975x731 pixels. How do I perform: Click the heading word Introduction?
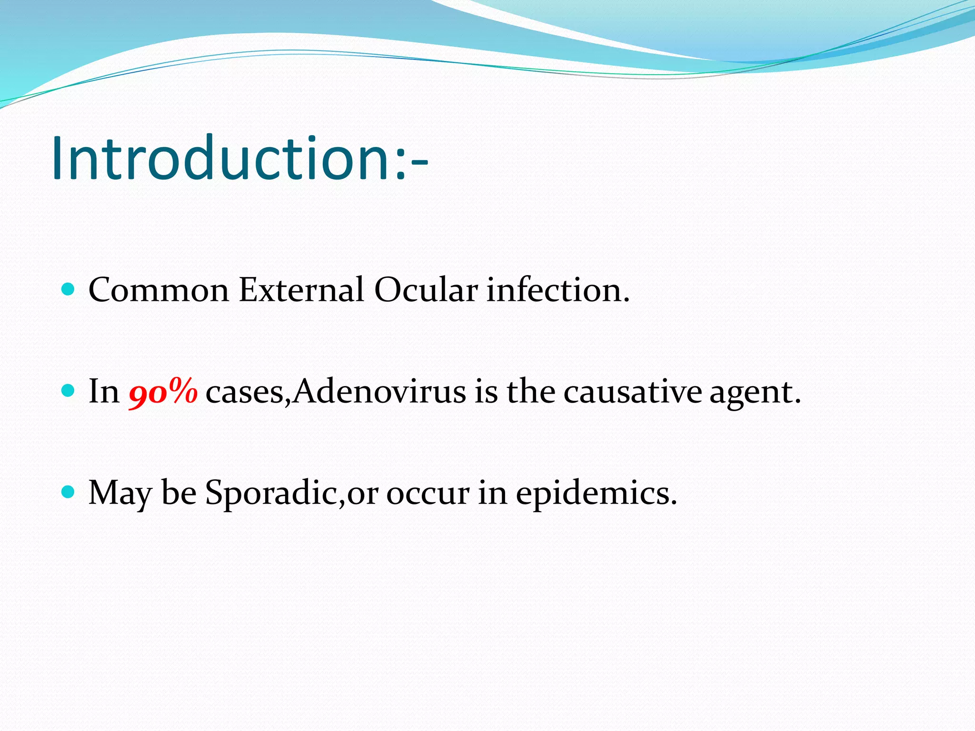pyautogui.click(x=221, y=158)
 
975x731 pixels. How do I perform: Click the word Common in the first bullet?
pyautogui.click(x=159, y=290)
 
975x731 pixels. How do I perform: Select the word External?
pyautogui.click(x=301, y=290)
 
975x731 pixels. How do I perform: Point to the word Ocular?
pyautogui.click(x=426, y=290)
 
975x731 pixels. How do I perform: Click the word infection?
pyautogui.click(x=557, y=290)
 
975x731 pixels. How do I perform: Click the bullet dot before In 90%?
pyautogui.click(x=69, y=391)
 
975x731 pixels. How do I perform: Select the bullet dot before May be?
pyautogui.click(x=69, y=492)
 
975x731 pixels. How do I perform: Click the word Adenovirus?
pyautogui.click(x=379, y=392)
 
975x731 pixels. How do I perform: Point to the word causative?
pyautogui.click(x=633, y=392)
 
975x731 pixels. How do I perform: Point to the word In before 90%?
pyautogui.click(x=104, y=392)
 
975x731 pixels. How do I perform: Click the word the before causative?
pyautogui.click(x=530, y=392)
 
